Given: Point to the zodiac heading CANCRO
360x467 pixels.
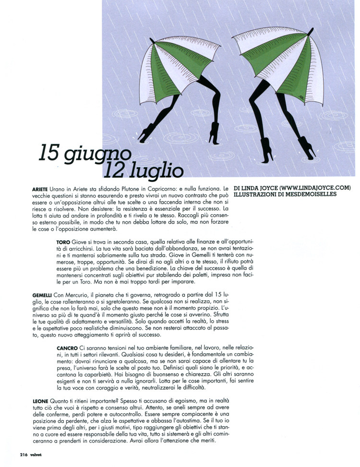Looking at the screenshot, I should [67, 347].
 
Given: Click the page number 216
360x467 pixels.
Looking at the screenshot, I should [24, 455].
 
